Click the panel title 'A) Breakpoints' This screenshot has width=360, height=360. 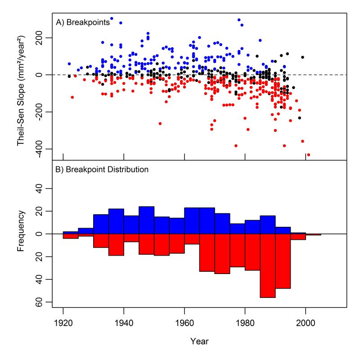(83, 22)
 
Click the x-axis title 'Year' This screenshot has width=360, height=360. (199, 341)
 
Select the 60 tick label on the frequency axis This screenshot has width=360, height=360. (40, 301)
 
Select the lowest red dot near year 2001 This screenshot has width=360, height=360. (308, 155)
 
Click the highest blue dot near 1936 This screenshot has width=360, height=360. (112, 19)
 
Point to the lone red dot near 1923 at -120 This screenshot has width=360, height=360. (72, 97)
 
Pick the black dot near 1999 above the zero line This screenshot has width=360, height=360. (302, 57)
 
